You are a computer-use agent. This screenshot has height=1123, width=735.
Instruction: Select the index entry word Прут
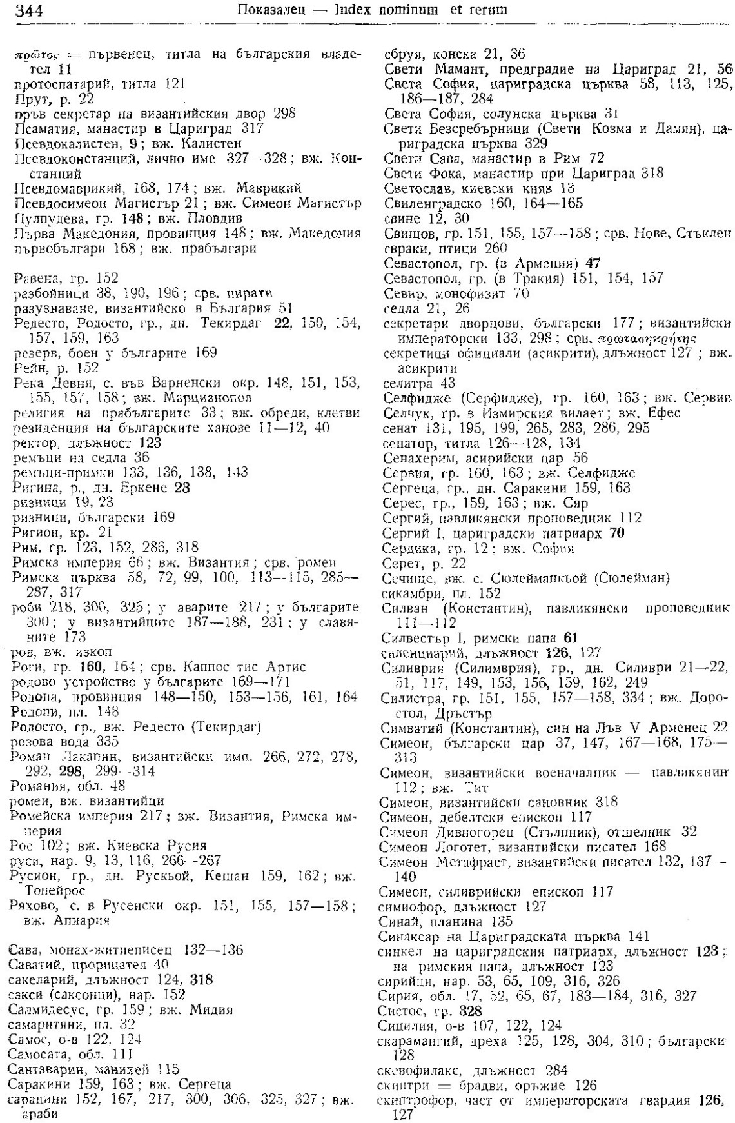(x=26, y=99)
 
